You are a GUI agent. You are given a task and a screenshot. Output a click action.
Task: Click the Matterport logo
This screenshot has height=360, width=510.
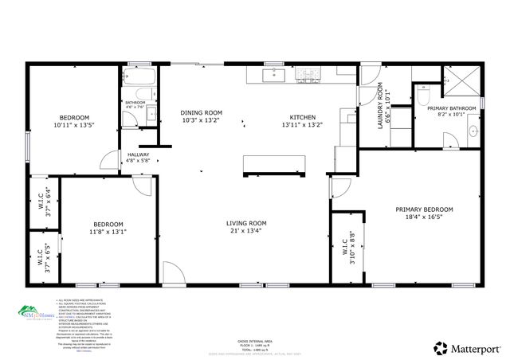point(466,347)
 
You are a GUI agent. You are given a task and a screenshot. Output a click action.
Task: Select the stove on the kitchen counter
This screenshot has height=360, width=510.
point(307,76)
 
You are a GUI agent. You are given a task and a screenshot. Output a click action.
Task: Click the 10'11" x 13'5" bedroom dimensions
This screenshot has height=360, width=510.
point(73,125)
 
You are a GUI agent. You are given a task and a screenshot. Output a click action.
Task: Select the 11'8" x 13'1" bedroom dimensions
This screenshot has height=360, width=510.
point(108,232)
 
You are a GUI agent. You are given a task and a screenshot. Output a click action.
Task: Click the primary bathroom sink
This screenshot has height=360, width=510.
point(473,130)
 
